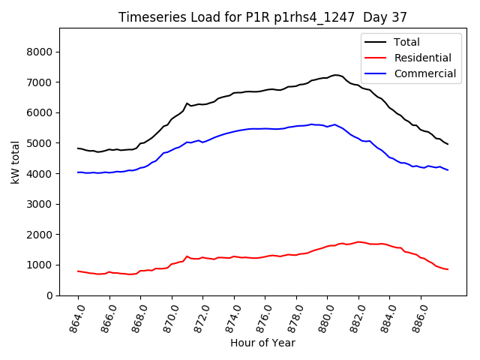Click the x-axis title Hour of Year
(x=262, y=343)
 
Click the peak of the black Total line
(x=336, y=75)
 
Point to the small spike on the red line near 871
(x=187, y=256)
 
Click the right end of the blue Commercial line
(x=448, y=170)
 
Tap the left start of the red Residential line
(x=78, y=271)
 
